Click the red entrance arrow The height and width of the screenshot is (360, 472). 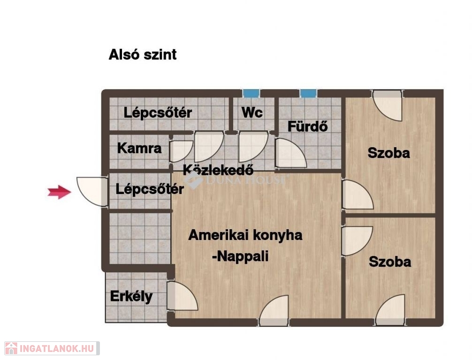[59, 192]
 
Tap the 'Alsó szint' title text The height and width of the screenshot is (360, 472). [143, 54]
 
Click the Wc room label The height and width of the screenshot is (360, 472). [252, 112]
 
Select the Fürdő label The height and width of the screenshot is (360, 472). [307, 126]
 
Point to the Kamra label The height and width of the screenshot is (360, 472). [139, 148]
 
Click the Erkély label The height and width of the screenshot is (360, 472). [131, 297]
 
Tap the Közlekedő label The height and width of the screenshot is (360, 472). [218, 170]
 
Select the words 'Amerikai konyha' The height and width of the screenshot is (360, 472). [245, 235]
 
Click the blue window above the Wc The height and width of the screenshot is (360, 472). [251, 93]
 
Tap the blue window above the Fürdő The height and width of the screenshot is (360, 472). [308, 93]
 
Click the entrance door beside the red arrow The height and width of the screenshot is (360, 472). [92, 192]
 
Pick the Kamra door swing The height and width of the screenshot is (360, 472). [181, 151]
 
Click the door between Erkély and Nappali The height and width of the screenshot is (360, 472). [182, 296]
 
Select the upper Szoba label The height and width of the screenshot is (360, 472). [388, 153]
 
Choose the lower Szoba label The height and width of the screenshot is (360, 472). [390, 262]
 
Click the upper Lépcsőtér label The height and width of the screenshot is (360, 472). [158, 113]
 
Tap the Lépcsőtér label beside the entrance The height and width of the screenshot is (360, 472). [150, 189]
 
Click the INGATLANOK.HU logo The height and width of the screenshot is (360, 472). [52, 348]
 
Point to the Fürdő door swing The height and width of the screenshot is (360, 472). [291, 153]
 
